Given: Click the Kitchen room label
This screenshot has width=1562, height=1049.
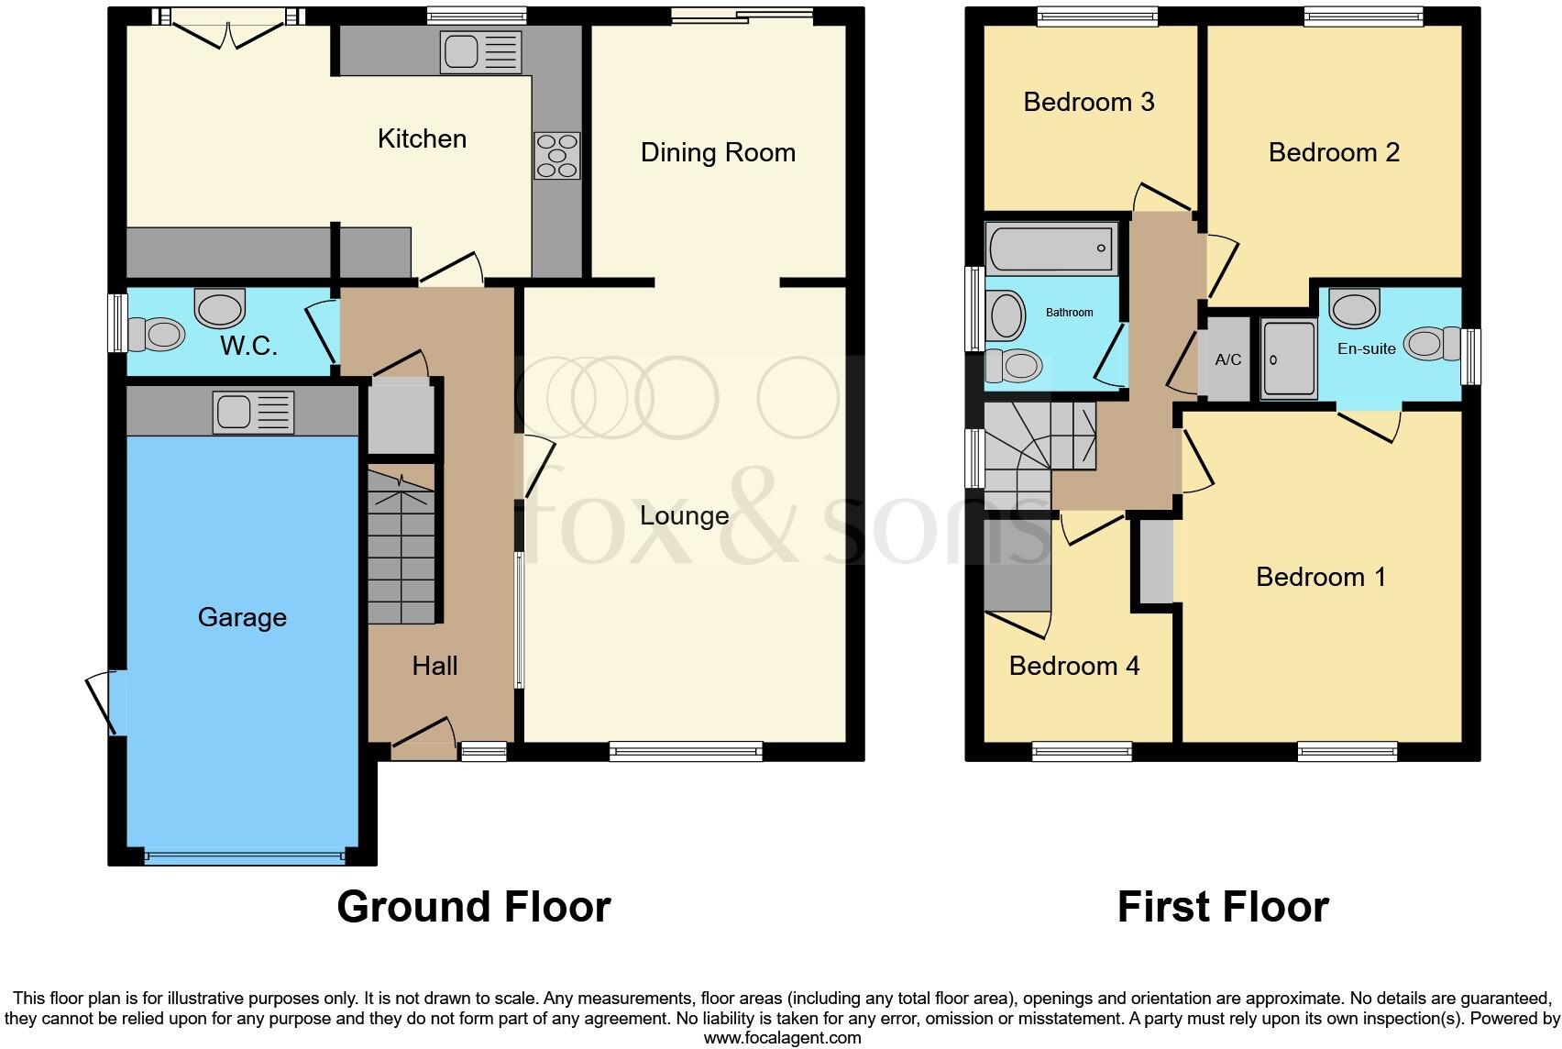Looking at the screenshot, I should coord(422,138).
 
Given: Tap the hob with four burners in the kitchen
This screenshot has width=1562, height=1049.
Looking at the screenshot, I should coord(557,155).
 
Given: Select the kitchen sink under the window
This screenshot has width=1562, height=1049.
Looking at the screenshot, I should coord(480,51).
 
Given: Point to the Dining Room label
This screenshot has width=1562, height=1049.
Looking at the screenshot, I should coord(718,152).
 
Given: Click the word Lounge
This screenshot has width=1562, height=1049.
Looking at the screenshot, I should coord(684,515).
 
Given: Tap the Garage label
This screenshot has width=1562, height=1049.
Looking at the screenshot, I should coord(242,617).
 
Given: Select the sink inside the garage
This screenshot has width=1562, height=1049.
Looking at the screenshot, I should coord(253,412).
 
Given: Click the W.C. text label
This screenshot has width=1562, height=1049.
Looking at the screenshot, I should coord(248,347).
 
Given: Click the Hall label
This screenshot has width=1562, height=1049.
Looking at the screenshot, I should coord(434,666).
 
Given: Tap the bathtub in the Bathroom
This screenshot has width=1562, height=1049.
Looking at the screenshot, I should coord(1051,248).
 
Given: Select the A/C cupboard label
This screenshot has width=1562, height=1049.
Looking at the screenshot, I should coord(1227,359).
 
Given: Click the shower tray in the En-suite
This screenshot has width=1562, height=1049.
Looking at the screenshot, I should coord(1288,359).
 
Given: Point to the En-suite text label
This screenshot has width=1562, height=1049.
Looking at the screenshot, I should coord(1366,348).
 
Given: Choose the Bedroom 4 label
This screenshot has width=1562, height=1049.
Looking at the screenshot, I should coord(1073,666).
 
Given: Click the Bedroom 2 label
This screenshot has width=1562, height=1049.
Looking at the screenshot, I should coord(1334,152).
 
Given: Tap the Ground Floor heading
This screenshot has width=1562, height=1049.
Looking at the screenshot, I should coord(473,907).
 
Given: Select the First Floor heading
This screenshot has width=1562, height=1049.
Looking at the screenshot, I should coord(1223,907).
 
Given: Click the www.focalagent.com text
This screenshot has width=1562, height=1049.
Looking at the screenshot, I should coord(782,1038).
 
